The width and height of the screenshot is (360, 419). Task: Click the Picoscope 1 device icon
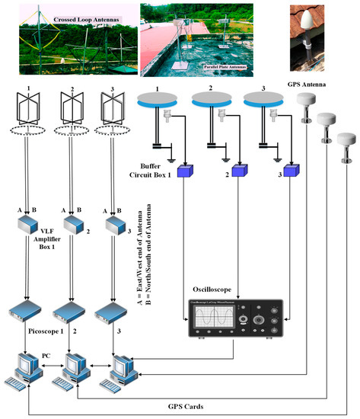[26, 311]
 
